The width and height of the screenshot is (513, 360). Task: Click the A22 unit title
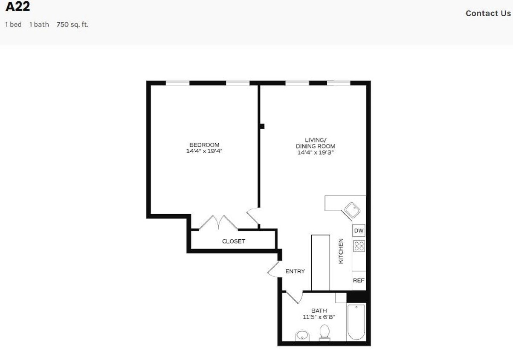17,7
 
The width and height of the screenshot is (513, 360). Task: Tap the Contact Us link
488,13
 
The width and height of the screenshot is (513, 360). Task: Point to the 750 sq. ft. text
72,25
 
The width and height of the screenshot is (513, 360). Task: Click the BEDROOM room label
204,145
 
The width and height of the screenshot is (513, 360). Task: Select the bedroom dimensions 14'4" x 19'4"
204,151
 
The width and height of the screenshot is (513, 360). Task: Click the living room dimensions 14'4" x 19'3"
315,152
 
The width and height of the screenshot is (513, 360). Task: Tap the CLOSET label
234,241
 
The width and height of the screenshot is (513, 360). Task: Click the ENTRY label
295,271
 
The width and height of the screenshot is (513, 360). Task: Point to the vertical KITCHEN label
341,251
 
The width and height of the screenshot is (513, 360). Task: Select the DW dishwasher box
359,231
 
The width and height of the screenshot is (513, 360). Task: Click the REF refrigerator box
359,281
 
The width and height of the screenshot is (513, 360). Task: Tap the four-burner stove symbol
359,246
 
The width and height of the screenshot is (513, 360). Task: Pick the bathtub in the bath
356,322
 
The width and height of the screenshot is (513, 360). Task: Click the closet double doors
218,222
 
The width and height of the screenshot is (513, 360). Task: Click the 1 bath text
39,25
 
